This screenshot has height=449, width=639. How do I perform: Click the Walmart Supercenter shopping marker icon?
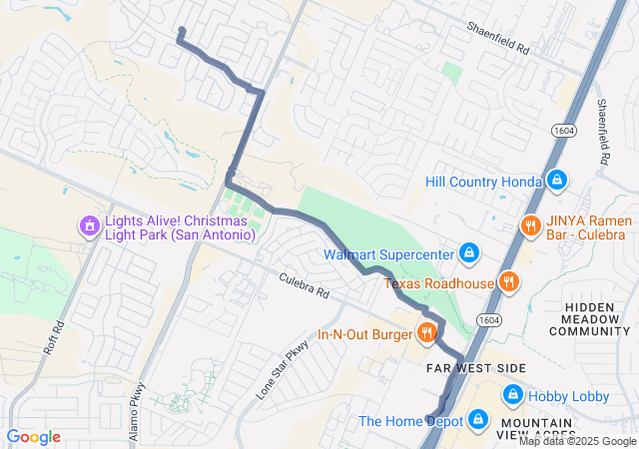pos(467,252)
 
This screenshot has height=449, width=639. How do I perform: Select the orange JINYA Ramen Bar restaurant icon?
pos(529,224)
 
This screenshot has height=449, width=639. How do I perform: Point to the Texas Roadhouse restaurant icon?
pos(509,282)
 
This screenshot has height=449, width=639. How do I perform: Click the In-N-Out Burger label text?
pos(365,334)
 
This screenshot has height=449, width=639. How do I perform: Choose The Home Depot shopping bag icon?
pos(478,420)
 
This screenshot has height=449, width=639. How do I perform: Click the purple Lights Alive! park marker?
pos(89,226)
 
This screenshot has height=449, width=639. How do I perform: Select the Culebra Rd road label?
pos(305,288)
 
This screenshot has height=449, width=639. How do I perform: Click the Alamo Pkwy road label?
pos(138,402)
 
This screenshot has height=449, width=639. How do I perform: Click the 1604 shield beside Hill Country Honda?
pos(558,131)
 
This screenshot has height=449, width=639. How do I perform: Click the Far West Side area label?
pos(476,368)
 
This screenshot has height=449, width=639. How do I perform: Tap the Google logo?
pos(33,437)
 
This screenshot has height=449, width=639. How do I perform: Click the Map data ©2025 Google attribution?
pos(576,441)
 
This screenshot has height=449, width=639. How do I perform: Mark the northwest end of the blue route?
pos(181,31)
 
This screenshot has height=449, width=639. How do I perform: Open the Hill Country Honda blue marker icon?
pos(557,181)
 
